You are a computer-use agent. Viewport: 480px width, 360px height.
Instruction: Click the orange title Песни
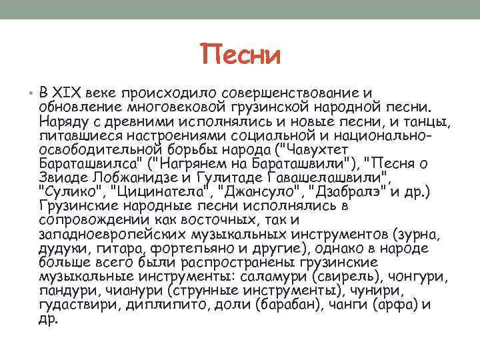(x=240, y=54)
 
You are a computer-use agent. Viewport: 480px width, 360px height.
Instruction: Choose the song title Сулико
(x=70, y=193)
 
